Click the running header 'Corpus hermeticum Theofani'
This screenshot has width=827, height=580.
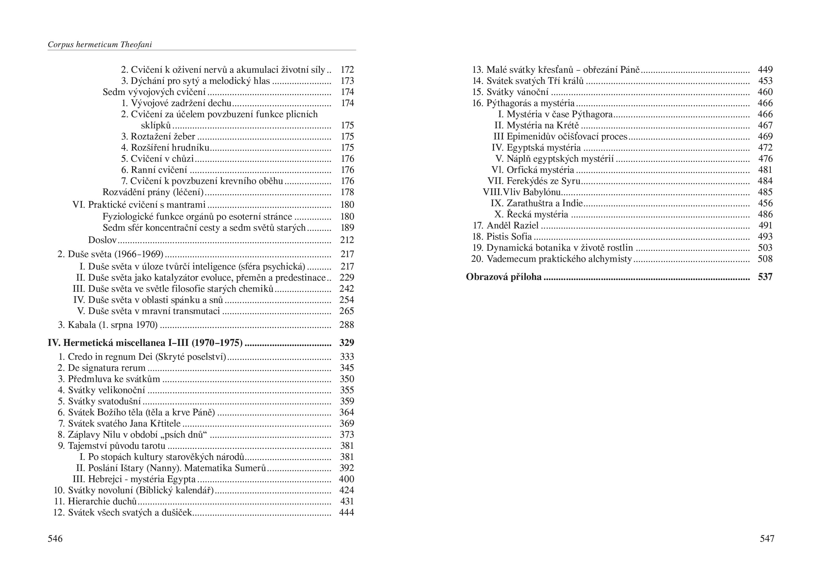[100, 45]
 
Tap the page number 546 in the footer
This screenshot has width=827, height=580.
[55, 538]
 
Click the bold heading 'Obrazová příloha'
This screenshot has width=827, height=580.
[504, 277]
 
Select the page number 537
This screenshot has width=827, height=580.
[765, 277]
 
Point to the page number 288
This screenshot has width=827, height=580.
[347, 325]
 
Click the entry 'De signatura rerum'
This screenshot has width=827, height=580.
[107, 368]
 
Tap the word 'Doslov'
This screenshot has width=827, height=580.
[102, 240]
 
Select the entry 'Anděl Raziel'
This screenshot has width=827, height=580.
[513, 225]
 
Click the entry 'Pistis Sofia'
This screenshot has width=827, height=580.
[509, 237]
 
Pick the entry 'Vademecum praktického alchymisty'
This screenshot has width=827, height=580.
[559, 259]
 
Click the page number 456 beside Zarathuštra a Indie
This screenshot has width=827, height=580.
[765, 203]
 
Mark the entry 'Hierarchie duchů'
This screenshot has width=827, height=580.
[102, 501]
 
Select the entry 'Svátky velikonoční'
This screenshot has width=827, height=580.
[107, 390]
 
